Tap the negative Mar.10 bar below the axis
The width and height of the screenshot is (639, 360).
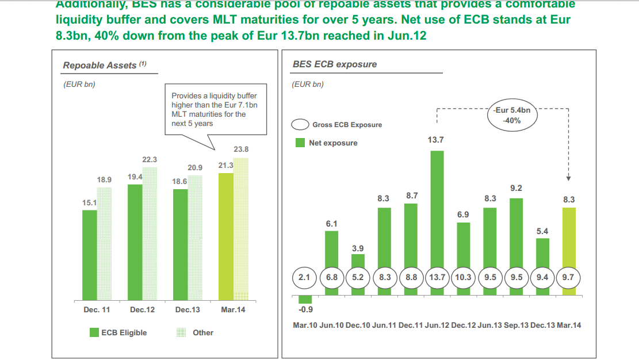(x=305, y=299)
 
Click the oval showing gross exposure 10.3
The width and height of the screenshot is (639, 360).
(x=463, y=277)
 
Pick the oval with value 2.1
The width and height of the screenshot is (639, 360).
(x=305, y=277)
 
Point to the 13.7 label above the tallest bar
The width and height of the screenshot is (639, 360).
(x=437, y=140)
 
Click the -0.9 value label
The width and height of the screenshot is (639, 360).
(x=305, y=311)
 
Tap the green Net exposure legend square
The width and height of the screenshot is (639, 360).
(x=300, y=143)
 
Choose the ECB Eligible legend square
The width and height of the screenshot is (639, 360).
(x=94, y=332)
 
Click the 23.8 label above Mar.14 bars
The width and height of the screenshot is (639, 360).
(x=241, y=150)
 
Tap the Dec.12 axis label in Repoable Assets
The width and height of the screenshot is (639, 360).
(x=143, y=310)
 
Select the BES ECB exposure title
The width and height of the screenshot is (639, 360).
(x=334, y=64)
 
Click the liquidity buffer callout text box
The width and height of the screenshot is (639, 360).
(x=214, y=109)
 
